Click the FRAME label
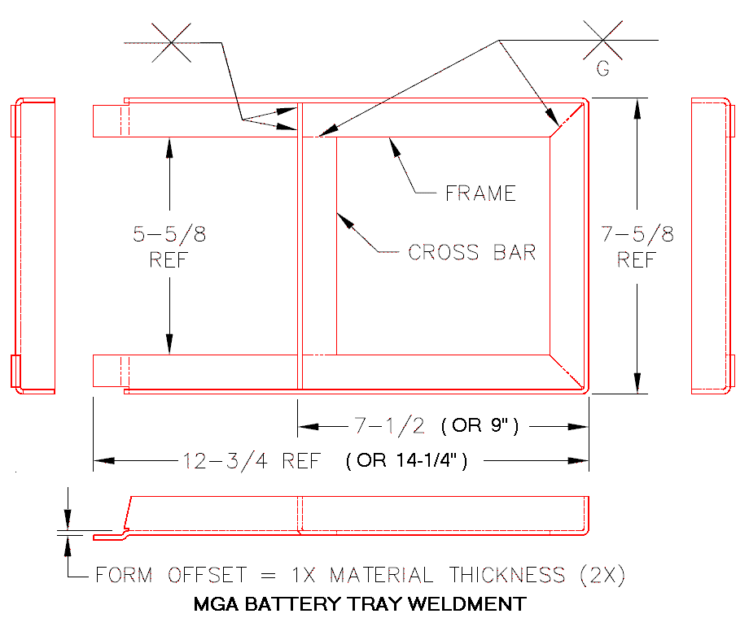pyautogui.click(x=480, y=194)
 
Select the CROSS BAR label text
pyautogui.click(x=472, y=252)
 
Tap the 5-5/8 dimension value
pyautogui.click(x=169, y=235)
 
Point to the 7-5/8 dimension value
pyautogui.click(x=637, y=235)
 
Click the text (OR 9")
pyautogui.click(x=480, y=425)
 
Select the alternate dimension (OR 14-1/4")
pyautogui.click(x=406, y=461)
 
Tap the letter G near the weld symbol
pyautogui.click(x=602, y=70)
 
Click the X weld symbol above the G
pyautogui.click(x=603, y=39)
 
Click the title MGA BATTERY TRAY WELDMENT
pyautogui.click(x=360, y=604)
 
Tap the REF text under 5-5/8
pyautogui.click(x=169, y=261)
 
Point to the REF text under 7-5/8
pyautogui.click(x=637, y=261)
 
